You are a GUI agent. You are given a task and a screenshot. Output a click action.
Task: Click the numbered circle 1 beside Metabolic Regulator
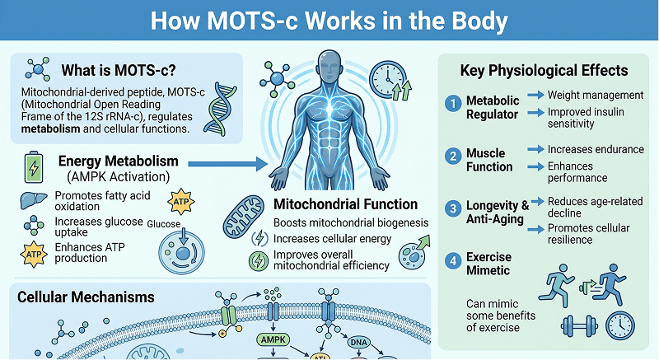pos(451,105)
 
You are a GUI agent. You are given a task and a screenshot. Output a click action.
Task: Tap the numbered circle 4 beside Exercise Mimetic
pos(451,260)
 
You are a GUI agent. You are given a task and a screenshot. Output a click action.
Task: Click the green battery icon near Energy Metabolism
pos(34,167)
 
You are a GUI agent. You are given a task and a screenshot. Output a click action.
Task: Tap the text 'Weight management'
pos(595,96)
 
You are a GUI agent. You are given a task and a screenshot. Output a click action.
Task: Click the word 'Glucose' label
pos(165,224)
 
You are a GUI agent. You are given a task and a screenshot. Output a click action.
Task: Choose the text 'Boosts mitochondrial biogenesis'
pos(352,222)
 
